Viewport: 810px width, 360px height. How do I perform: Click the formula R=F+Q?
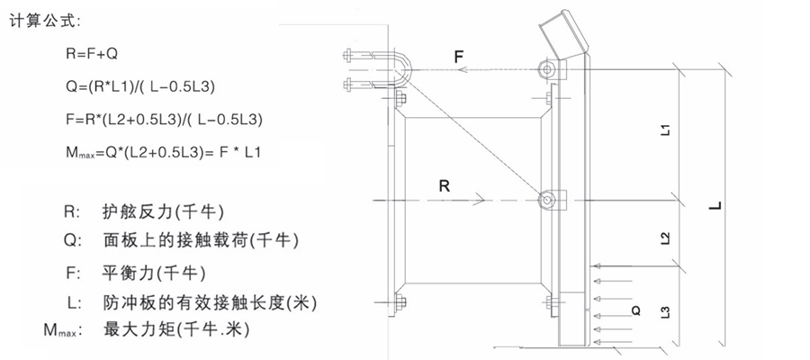92,55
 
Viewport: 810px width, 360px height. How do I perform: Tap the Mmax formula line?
163,151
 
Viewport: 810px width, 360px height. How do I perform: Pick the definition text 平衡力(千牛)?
156,272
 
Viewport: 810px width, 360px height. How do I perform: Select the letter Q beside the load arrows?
636,311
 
